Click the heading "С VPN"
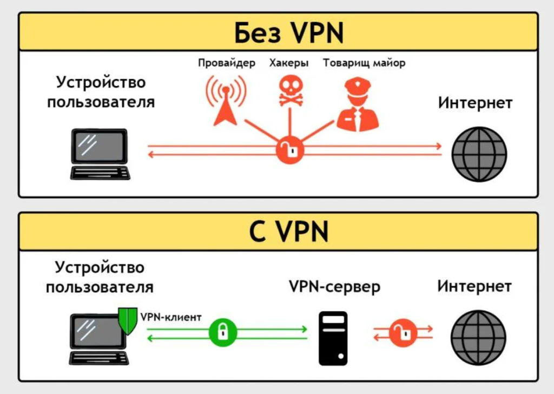[x=289, y=233]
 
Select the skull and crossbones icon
[x=289, y=91]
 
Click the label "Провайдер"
[x=226, y=63]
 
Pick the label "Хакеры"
[x=289, y=63]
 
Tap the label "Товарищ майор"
[x=364, y=63]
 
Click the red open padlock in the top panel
[x=289, y=150]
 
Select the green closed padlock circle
[x=222, y=332]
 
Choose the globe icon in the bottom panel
[x=478, y=335]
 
